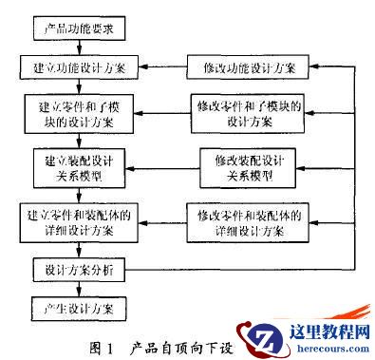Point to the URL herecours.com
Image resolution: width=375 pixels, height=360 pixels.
click(324, 349)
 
